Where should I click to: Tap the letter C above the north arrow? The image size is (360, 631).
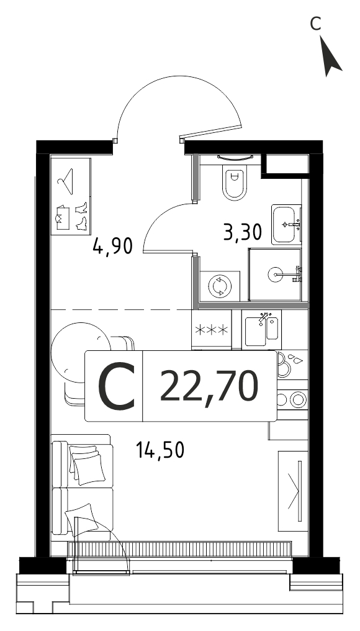click(315, 24)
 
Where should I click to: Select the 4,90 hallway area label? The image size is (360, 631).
click(112, 245)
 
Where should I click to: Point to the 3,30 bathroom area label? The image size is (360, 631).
click(243, 232)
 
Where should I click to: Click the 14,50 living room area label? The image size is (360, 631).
click(160, 450)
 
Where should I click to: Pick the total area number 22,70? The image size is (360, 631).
click(209, 386)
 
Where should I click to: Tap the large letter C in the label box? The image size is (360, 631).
click(116, 386)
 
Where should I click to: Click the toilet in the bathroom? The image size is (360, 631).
click(234, 182)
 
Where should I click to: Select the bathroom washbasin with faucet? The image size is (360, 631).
click(286, 225)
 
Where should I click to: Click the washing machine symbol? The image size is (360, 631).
click(220, 286)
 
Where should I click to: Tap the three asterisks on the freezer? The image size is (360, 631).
click(212, 330)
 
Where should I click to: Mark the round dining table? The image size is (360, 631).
click(81, 353)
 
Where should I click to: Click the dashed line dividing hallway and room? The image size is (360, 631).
click(120, 309)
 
